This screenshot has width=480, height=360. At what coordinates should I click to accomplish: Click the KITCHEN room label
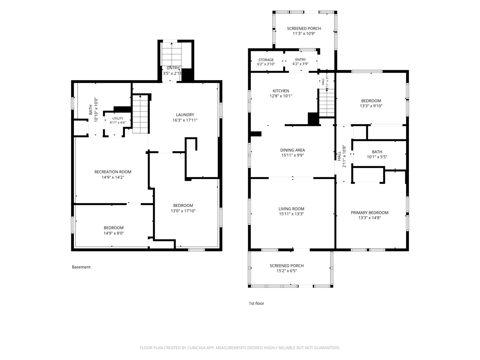(281, 91)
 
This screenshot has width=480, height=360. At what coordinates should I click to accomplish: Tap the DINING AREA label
(292, 150)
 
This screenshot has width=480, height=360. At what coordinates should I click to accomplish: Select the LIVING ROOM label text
(291, 209)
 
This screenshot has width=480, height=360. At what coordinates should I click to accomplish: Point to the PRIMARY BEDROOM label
(369, 212)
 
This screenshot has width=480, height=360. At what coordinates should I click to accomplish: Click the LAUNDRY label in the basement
(185, 115)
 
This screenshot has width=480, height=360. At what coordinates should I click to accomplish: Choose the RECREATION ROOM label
(113, 172)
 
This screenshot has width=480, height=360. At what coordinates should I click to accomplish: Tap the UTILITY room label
(118, 118)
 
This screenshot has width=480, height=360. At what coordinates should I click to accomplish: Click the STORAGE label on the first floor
(266, 60)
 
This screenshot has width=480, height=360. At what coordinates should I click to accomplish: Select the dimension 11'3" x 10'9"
(304, 33)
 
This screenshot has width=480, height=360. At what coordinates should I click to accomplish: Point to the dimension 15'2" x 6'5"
(286, 271)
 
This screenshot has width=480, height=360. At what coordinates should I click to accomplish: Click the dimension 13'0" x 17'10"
(183, 211)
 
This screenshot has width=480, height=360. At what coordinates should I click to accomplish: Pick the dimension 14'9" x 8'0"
(113, 233)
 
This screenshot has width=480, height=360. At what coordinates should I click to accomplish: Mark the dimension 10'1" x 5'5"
(377, 157)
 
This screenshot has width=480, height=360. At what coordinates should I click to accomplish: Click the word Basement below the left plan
(81, 267)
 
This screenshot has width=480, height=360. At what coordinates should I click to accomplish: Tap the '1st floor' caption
(256, 303)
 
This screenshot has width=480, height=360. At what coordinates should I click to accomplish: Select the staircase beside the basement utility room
(141, 114)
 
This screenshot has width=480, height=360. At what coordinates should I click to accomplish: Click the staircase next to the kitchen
(327, 103)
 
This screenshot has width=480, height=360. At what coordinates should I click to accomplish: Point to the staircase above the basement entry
(172, 54)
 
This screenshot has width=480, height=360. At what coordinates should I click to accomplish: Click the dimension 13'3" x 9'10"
(371, 106)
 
